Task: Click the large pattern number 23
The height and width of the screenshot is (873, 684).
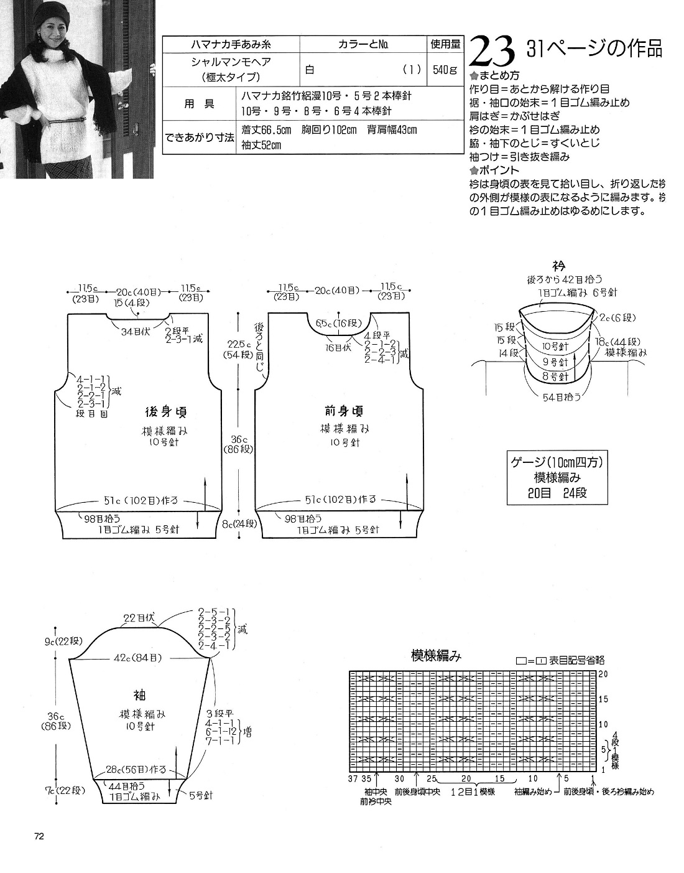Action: tap(491, 51)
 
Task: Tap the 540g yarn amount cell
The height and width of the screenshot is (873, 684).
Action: tap(446, 70)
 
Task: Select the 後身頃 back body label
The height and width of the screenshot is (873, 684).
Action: tap(166, 412)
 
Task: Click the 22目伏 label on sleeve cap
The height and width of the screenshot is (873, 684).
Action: tap(138, 618)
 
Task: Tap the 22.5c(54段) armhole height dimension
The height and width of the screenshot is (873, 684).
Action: tap(238, 350)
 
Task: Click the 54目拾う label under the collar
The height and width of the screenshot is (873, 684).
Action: tap(557, 396)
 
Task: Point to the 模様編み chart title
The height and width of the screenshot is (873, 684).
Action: tap(436, 656)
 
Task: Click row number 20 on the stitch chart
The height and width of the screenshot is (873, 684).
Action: tap(602, 674)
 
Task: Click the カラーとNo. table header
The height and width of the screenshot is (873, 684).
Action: tap(364, 45)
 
